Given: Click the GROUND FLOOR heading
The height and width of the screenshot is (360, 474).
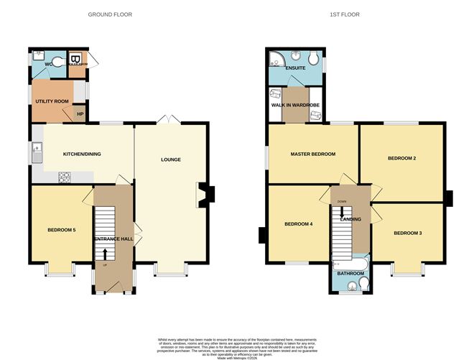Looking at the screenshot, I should pyautogui.click(x=110, y=14).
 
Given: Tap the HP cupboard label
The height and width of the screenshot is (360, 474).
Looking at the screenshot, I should pyautogui.click(x=80, y=114).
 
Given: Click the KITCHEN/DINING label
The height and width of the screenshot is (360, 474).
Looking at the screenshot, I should pyautogui.click(x=82, y=154).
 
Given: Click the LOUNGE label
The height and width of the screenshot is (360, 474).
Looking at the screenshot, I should pyautogui.click(x=170, y=160).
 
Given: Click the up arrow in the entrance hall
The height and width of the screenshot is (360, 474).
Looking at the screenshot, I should pyautogui.click(x=106, y=254).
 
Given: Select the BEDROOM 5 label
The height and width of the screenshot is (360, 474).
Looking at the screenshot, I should pyautogui.click(x=62, y=230).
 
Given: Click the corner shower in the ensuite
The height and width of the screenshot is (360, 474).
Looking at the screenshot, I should pyautogui.click(x=275, y=58).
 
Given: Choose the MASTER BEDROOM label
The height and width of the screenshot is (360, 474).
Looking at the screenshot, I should pyautogui.click(x=312, y=154).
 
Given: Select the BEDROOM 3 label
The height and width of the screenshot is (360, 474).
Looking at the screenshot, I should pyautogui.click(x=406, y=234).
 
